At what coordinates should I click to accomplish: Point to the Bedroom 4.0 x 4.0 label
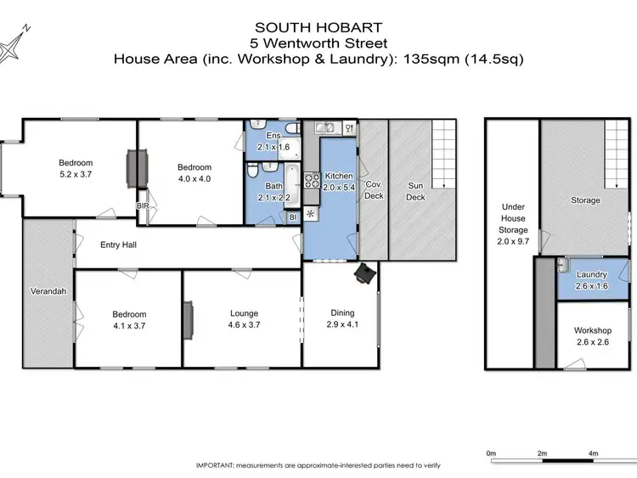point(194,172)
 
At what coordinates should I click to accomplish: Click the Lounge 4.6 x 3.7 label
point(243,319)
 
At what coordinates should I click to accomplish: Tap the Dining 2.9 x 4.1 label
point(341,319)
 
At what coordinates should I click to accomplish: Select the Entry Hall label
point(119,245)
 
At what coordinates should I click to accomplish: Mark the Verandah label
point(47,292)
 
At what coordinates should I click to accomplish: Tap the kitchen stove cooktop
point(311,180)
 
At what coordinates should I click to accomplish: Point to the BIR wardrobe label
point(142,205)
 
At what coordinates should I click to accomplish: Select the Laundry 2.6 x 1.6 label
point(592,279)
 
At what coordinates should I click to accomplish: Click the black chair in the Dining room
point(365,272)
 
